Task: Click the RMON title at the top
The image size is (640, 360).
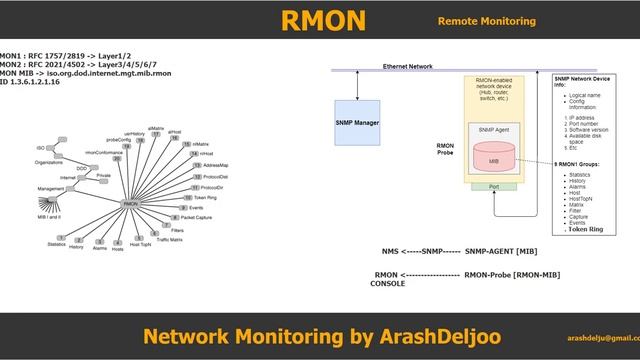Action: coord(324,20)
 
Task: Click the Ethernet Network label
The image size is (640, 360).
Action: coord(408,66)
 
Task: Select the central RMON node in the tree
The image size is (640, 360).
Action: coord(129,203)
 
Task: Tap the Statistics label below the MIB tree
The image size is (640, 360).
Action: coord(56,243)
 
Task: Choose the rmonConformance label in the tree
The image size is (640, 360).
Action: coord(103,152)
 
